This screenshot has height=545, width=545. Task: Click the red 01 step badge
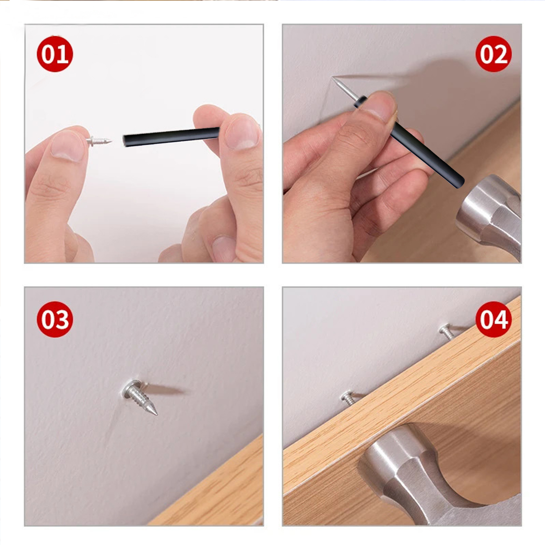pyautogui.click(x=55, y=54)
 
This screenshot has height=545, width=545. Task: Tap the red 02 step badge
pyautogui.click(x=494, y=54)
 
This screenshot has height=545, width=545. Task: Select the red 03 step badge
pyautogui.click(x=55, y=319)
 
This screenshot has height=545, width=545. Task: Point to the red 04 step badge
pyautogui.click(x=494, y=319)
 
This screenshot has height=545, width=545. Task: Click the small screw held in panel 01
pyautogui.click(x=99, y=141)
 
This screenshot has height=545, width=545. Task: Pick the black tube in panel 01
pyautogui.click(x=171, y=137)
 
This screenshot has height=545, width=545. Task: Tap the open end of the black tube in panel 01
pyautogui.click(x=124, y=140)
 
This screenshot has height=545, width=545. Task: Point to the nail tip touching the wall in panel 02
pyautogui.click(x=333, y=78)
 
